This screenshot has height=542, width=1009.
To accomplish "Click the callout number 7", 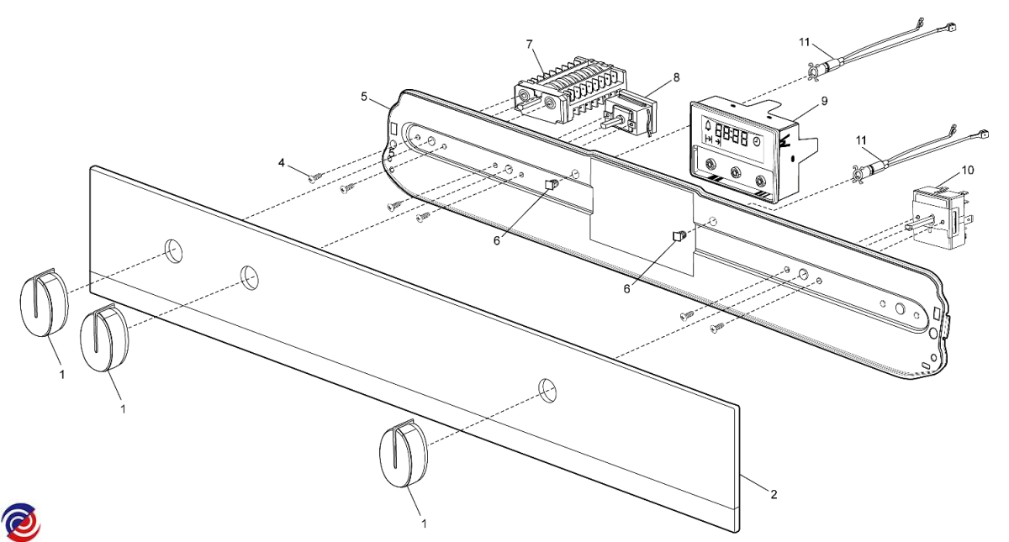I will [529, 43].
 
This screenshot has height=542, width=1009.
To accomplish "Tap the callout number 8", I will [676, 78].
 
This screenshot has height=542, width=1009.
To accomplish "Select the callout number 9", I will [824, 101].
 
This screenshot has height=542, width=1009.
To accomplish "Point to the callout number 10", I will [968, 171].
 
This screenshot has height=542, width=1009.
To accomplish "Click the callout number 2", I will [774, 494].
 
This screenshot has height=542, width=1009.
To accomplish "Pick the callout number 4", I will [283, 161].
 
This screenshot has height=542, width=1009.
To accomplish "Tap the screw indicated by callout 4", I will [315, 177].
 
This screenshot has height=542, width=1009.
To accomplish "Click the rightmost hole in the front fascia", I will [547, 388].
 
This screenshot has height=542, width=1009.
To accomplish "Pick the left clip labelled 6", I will [552, 183].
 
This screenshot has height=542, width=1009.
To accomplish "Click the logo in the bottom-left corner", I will [20, 521].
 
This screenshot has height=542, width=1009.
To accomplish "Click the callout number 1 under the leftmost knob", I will [61, 374].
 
